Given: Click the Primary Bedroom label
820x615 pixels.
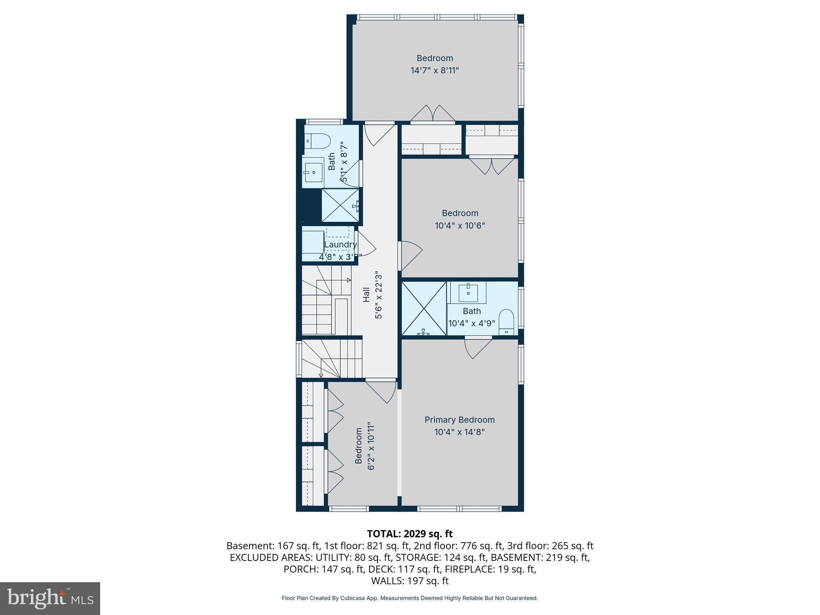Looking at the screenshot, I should coord(459,420).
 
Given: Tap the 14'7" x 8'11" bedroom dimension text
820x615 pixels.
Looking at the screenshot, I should coord(434,70).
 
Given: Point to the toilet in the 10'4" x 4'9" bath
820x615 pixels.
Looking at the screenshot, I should coord(506,322).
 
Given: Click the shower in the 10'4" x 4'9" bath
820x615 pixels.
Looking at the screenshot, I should coord(424,308).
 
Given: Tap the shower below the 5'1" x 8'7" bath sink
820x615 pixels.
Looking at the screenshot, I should coord(340,205).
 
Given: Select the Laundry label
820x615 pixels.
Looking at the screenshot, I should coord(340,244).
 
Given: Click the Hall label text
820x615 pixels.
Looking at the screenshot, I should coord(366,294).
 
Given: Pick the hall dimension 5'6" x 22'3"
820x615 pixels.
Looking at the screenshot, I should coord(378,295).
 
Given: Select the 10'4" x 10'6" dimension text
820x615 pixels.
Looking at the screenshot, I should coord(460,225).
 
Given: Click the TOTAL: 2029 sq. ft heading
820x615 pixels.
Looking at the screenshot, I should coord(410,534).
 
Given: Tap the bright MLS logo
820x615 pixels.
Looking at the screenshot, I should coord(50,598).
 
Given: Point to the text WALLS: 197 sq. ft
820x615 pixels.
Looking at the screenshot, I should coord(410,581).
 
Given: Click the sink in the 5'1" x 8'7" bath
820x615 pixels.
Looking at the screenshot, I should coord(313,173).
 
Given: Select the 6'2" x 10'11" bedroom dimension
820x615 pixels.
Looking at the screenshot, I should coord(371,446).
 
